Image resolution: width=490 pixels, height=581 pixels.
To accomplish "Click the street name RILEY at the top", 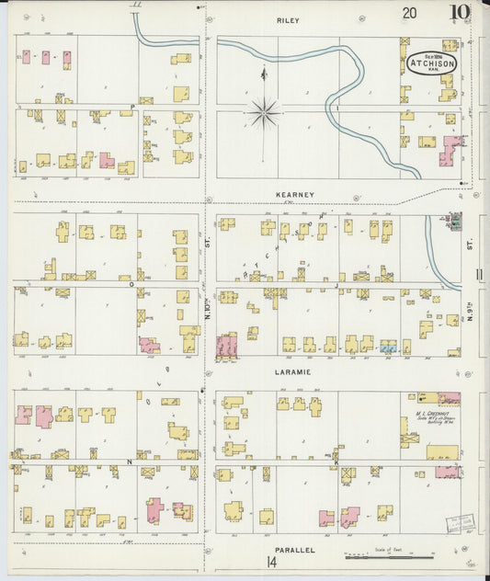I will tap(288, 19).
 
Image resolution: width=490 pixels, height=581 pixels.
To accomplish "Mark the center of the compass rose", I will tap(264, 112).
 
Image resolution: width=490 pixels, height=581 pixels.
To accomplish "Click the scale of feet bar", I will tap(389, 557).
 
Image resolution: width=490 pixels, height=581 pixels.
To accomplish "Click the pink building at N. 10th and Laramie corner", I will tap(225, 346).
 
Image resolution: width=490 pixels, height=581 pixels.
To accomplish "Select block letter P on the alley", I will tap(131, 108).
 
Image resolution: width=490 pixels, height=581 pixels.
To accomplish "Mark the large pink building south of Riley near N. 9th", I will tap(450, 149).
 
